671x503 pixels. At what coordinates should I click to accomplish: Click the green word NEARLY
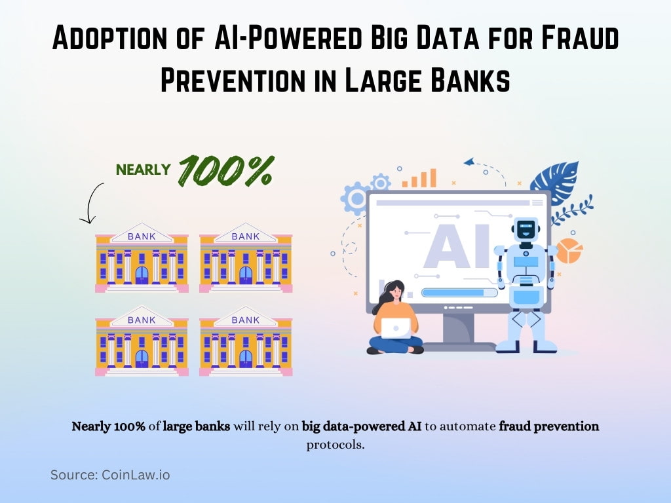coord(144,170)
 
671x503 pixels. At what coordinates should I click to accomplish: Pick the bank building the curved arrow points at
coord(141,261)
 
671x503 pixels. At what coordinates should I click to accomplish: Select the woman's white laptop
coord(396,327)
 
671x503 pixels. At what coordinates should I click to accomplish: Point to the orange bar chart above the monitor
coord(419,178)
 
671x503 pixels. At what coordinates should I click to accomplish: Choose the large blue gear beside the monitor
coord(356,198)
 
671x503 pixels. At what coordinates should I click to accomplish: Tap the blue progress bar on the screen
coord(453,293)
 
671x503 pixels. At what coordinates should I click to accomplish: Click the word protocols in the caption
coord(335,445)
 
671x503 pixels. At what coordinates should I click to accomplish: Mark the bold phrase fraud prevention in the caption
coord(549,426)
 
